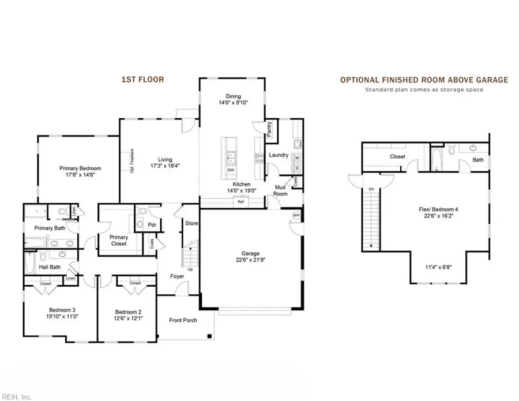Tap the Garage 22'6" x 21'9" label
coord(250,260)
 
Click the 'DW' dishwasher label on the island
coord(230,170)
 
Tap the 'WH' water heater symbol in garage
coord(296,216)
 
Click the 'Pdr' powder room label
coord(153,224)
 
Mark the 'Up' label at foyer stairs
coord(191,269)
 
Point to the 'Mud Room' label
coord(281,190)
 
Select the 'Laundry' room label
coord(279,155)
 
